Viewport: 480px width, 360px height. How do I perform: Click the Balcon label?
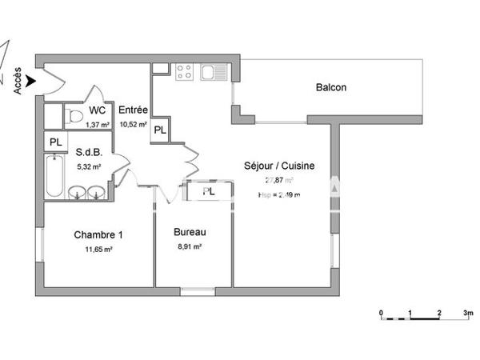click(330, 87)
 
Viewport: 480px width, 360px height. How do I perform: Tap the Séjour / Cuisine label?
click(279, 166)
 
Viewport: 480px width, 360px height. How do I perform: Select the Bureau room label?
click(190, 233)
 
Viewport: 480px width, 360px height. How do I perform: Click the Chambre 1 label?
click(98, 235)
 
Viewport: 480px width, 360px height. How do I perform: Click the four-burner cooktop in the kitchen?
click(183, 74)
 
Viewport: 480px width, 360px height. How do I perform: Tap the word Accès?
click(18, 82)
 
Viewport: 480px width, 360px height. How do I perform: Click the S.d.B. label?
click(87, 151)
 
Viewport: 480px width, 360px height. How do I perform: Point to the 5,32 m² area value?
click(88, 166)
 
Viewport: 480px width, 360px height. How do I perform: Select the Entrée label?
click(133, 110)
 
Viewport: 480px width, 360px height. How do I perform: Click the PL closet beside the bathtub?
click(55, 142)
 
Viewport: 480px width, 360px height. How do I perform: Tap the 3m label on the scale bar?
click(467, 312)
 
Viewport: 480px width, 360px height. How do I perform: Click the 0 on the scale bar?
click(381, 312)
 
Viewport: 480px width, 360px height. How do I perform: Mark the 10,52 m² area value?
click(133, 124)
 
